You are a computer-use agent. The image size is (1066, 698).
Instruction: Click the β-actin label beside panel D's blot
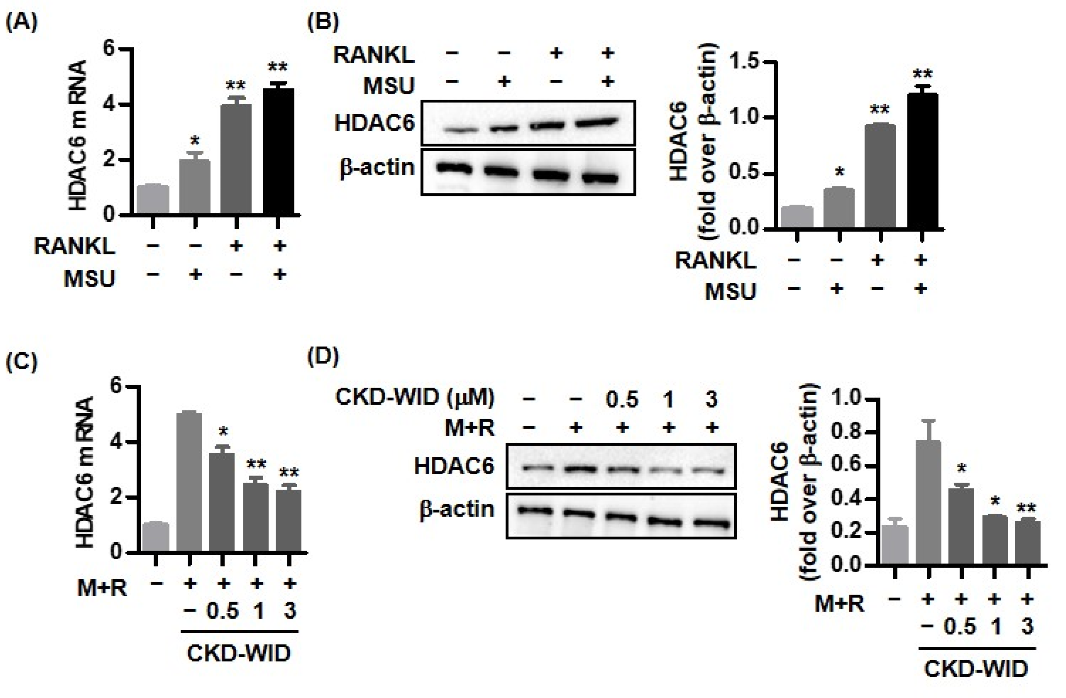point(457,510)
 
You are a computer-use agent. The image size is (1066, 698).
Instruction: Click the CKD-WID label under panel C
point(239,654)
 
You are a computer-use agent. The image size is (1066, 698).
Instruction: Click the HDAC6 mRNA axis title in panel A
point(78,135)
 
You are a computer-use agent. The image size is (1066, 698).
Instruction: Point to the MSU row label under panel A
point(89,278)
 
